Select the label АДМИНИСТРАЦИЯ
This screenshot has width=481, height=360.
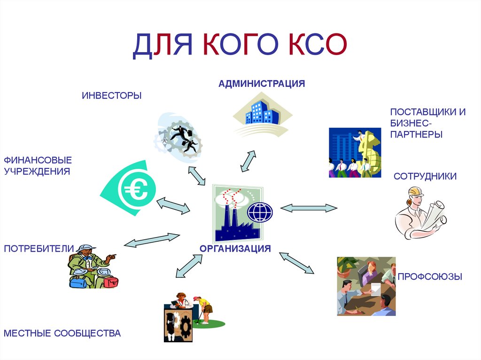[261, 84]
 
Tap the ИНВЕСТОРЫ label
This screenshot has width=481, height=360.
[111, 96]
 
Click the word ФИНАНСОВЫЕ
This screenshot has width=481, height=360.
[38, 160]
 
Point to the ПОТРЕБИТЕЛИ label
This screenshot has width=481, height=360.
[39, 248]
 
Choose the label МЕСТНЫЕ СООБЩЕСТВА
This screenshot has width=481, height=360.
[62, 334]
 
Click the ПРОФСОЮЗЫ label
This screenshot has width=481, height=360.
[430, 276]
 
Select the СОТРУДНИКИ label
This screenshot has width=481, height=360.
[425, 176]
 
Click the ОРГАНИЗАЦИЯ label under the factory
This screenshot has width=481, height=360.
[235, 248]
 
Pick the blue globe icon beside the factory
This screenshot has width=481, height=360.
[260, 212]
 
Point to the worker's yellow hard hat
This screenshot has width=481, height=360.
[416, 191]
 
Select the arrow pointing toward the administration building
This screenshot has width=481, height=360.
[248, 161]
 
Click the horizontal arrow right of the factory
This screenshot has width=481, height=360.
[309, 208]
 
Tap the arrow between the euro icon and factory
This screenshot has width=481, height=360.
[173, 205]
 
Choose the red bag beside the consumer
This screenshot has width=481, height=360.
[110, 281]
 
